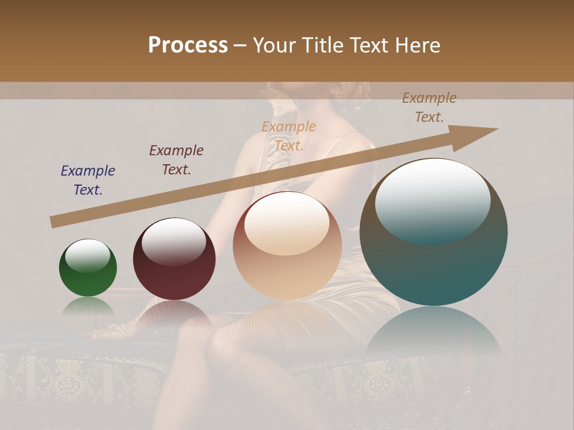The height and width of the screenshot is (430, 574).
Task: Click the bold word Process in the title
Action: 188,45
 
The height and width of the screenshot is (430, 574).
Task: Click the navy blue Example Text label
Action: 88,180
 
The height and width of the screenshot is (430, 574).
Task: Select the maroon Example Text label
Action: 176,159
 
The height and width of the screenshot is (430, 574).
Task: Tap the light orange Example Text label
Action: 289,136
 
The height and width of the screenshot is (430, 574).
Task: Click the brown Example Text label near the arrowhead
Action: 429,107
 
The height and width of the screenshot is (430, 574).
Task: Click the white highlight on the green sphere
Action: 88,256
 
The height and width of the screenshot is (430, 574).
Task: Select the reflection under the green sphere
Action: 88,306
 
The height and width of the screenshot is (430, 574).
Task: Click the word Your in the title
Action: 272,45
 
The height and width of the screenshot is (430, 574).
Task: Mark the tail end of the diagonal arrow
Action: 53,222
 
